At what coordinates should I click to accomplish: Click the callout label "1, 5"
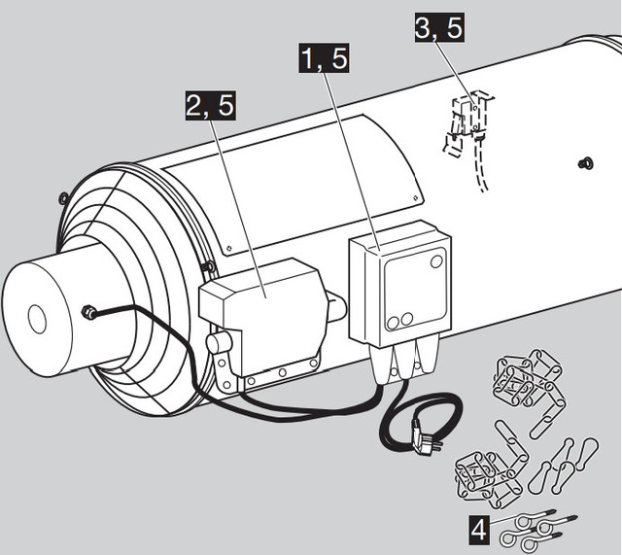coord(324,58)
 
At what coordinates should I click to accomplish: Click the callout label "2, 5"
coord(211,106)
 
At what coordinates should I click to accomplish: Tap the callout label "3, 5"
coord(439,27)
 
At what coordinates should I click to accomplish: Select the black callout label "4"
coord(479,530)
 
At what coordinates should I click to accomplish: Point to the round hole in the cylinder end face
coord(38,320)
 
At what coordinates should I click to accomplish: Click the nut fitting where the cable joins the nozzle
coord(88,313)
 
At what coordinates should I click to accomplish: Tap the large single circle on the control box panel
coord(436,261)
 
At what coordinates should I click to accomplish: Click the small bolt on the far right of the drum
coord(585,162)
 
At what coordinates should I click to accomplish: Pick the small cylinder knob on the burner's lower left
coord(219,342)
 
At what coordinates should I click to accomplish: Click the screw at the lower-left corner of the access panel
coord(228,249)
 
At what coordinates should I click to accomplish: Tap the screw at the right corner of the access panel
coord(415,196)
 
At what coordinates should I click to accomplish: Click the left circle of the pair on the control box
coord(393,323)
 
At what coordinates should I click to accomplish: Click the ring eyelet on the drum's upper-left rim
coord(63,198)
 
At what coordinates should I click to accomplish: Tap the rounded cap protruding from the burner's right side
coord(337,305)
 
